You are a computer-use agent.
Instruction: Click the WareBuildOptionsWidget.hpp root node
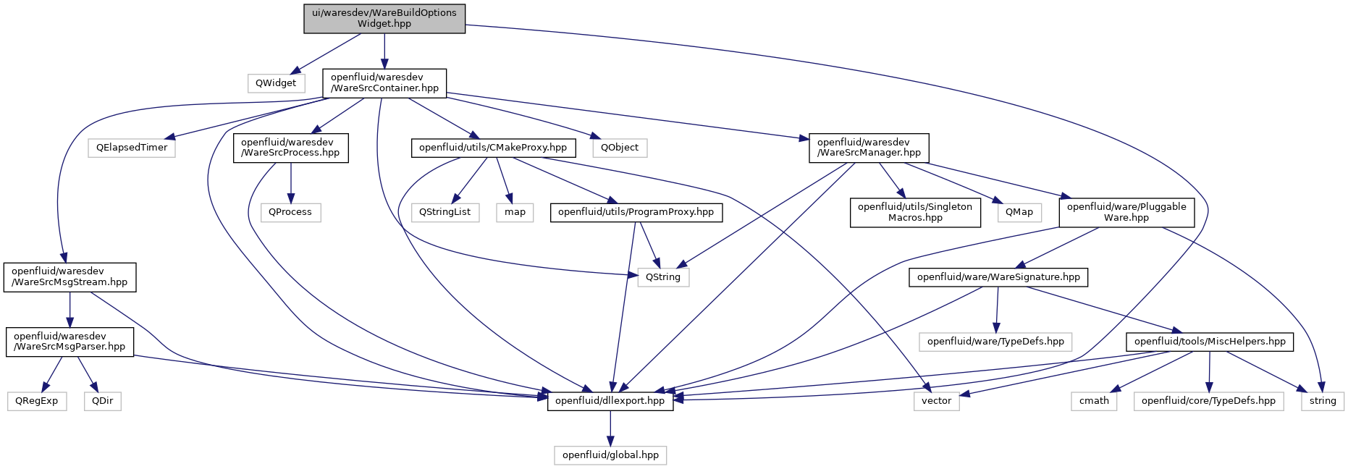tap(384, 18)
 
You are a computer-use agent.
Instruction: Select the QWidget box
tap(276, 83)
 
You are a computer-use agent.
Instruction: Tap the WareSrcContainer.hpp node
tap(384, 83)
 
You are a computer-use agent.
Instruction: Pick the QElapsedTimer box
tap(132, 148)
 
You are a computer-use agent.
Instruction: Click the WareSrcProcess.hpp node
tap(290, 148)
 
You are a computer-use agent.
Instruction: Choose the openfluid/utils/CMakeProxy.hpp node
tap(493, 148)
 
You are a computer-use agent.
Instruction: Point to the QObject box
tap(620, 148)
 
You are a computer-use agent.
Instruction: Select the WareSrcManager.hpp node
tap(869, 148)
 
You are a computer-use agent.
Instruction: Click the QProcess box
tap(290, 212)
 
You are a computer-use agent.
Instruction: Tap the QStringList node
tap(445, 212)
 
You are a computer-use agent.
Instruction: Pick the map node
tap(515, 212)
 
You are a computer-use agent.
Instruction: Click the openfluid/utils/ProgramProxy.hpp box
tap(636, 212)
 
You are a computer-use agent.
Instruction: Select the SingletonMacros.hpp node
tap(915, 212)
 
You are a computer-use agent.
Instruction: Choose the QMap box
tap(1019, 212)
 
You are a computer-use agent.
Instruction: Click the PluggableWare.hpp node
tap(1126, 212)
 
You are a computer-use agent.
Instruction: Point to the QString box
tap(663, 277)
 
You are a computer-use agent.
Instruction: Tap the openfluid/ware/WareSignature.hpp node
tap(998, 277)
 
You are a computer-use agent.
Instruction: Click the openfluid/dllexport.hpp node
tap(610, 401)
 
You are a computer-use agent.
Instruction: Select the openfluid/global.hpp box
tap(610, 455)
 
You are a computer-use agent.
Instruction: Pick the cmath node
tap(1094, 401)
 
